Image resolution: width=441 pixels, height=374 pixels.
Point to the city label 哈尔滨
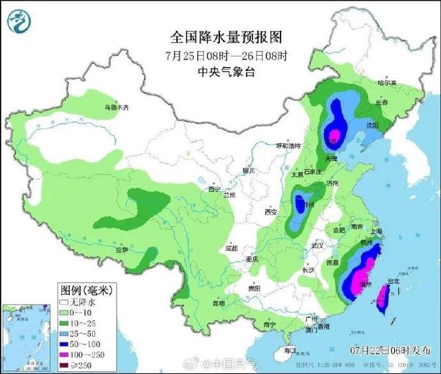tap(387, 83)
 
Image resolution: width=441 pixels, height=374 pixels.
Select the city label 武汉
tap(317, 246)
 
